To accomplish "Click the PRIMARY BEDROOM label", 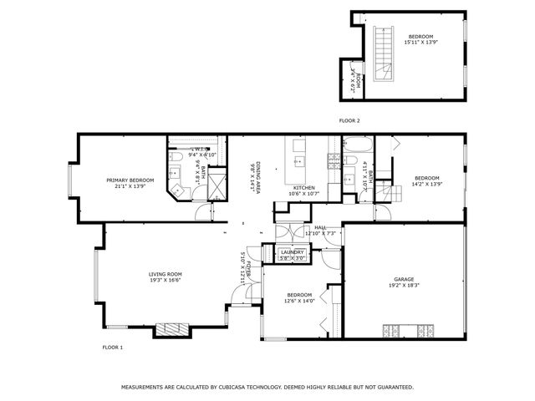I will (x=130, y=180).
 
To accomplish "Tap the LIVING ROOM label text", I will (x=166, y=274).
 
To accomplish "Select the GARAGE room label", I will (x=405, y=279).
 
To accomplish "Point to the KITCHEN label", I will (x=303, y=188).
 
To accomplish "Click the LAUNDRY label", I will (x=292, y=251).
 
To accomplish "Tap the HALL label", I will (x=320, y=226).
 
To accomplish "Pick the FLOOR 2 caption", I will (x=349, y=121).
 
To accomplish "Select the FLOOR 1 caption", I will (x=112, y=347).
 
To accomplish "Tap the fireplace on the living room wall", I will (x=175, y=329).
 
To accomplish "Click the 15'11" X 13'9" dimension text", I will (x=420, y=43).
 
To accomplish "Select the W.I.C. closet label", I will (x=201, y=149).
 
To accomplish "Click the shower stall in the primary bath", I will (x=217, y=184).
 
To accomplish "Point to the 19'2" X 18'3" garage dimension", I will (x=405, y=286).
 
